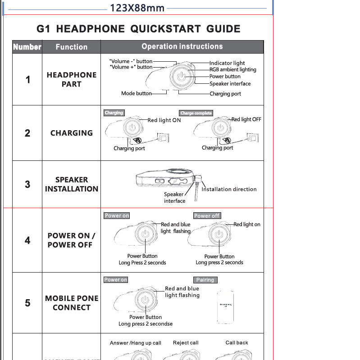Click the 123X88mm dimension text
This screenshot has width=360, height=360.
tap(137, 8)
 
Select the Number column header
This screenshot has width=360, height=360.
tap(27, 47)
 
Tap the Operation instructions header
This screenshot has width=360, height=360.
tap(182, 46)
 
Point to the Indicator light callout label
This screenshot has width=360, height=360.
tap(227, 63)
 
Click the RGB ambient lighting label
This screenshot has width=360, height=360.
tap(232, 70)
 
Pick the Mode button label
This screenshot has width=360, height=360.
tap(136, 94)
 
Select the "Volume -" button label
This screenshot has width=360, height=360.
tap(131, 61)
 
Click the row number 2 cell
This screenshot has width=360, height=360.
tap(27, 133)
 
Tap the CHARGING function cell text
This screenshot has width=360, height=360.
tap(71, 133)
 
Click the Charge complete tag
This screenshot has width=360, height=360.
tap(196, 113)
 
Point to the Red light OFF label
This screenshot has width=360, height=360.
tap(246, 119)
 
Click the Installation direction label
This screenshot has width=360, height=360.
tap(229, 189)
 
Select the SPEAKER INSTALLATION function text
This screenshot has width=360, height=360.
tap(71, 184)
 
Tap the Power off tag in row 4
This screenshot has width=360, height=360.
tap(207, 216)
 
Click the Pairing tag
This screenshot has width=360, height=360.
tap(205, 280)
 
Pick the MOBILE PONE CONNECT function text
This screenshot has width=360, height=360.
tap(71, 303)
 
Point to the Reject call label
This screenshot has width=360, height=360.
tap(186, 343)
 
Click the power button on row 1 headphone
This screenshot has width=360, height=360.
tap(181, 77)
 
